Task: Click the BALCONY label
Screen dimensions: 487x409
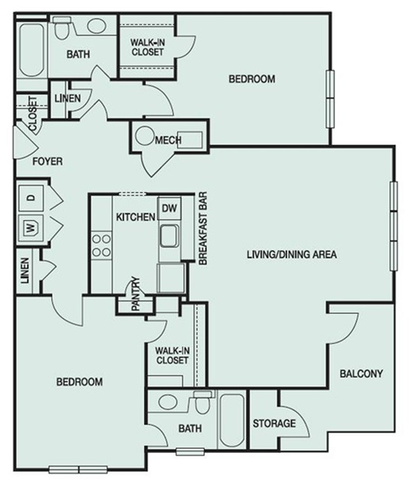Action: click(x=361, y=374)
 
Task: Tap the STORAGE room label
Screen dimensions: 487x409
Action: click(x=274, y=424)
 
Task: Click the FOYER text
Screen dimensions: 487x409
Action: click(x=48, y=161)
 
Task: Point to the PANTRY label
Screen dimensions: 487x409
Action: click(x=135, y=294)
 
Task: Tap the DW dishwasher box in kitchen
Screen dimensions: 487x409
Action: click(x=169, y=208)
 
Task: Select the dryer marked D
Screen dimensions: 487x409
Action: click(x=29, y=198)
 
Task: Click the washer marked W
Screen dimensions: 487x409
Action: click(x=29, y=228)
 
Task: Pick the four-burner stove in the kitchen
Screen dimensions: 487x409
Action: click(x=103, y=245)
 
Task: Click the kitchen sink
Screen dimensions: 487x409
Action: click(x=170, y=235)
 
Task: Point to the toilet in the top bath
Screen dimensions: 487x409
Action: click(x=63, y=30)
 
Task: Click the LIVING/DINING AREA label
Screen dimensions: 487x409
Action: click(x=293, y=254)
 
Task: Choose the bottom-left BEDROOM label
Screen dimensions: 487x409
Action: click(x=79, y=381)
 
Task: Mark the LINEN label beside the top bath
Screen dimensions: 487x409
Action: click(x=68, y=98)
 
